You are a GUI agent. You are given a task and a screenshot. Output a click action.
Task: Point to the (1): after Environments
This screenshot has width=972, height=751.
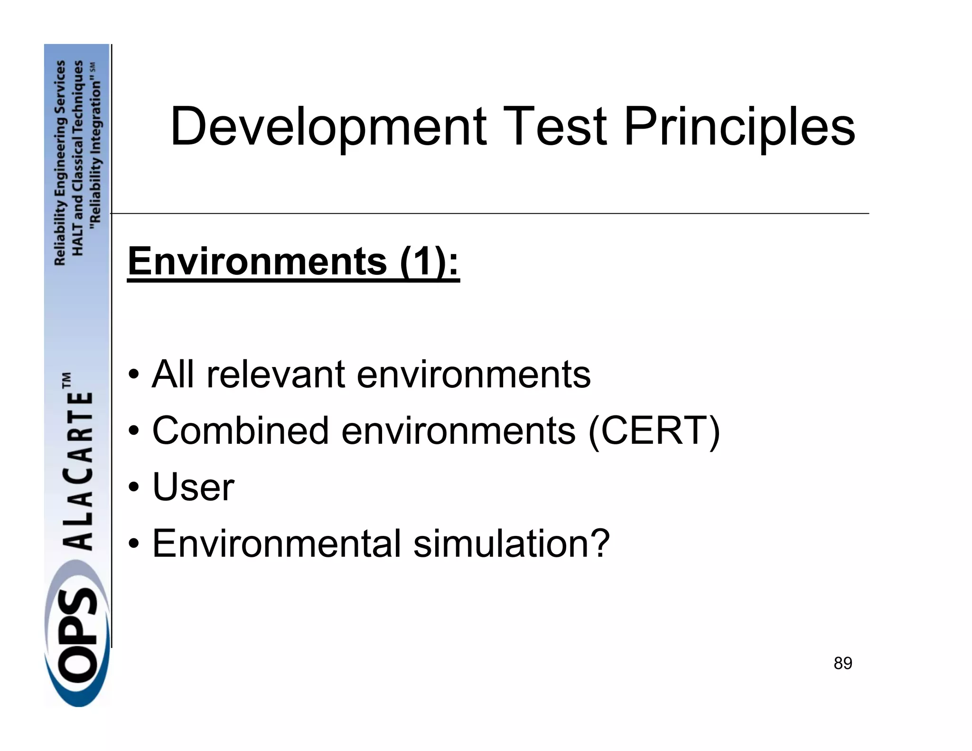tap(430, 262)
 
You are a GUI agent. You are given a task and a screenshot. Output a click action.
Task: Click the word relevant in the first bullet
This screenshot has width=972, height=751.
tap(275, 374)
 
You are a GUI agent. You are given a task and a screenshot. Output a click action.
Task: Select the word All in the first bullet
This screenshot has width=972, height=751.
tap(173, 374)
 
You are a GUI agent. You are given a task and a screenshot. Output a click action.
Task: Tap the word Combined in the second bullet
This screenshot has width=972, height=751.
tap(240, 431)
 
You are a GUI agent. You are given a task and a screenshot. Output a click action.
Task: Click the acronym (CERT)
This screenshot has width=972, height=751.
tap(654, 431)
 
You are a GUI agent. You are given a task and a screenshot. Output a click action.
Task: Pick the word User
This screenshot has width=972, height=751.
tap(193, 487)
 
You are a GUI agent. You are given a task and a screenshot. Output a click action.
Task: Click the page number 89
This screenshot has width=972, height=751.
tap(842, 663)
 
